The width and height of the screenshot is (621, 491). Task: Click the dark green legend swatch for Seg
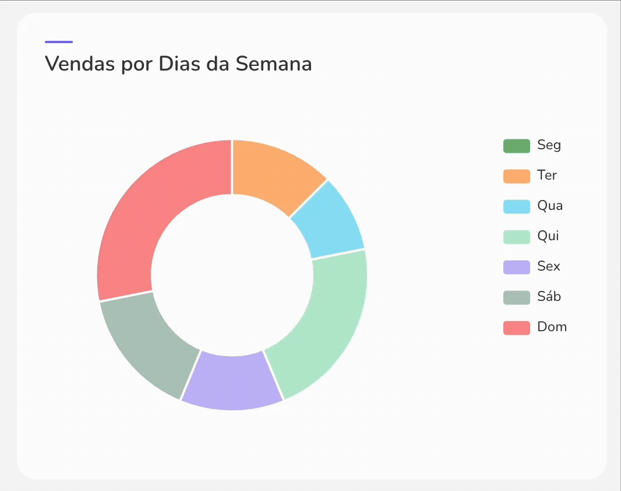[516, 146]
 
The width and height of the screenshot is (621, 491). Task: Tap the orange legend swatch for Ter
[516, 176]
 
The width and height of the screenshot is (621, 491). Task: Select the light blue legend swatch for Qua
[516, 206]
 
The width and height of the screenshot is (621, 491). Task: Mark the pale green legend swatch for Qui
[516, 237]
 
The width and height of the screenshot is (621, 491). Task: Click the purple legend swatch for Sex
[516, 267]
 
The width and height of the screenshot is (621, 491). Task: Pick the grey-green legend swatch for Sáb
[516, 297]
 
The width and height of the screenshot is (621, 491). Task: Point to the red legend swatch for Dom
[516, 328]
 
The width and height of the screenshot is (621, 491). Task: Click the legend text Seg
[549, 145]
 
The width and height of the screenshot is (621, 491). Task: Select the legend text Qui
[548, 236]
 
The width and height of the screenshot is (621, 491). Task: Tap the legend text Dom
[552, 327]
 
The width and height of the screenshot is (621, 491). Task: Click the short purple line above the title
[59, 42]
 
